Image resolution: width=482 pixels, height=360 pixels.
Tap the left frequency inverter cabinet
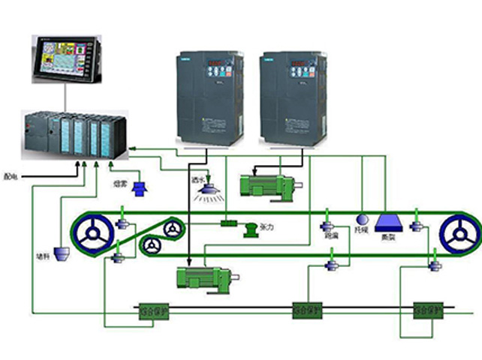coord(209,98)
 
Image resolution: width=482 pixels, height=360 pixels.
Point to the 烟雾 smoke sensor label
coord(119,183)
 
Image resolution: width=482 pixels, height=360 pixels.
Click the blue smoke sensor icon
coord(139,188)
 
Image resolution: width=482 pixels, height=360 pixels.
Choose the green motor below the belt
coord(201,277)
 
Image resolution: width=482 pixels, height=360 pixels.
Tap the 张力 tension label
coord(267,226)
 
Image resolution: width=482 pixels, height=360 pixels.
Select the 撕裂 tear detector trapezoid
coord(390,223)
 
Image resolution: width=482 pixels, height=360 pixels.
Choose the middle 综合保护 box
coord(309,309)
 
